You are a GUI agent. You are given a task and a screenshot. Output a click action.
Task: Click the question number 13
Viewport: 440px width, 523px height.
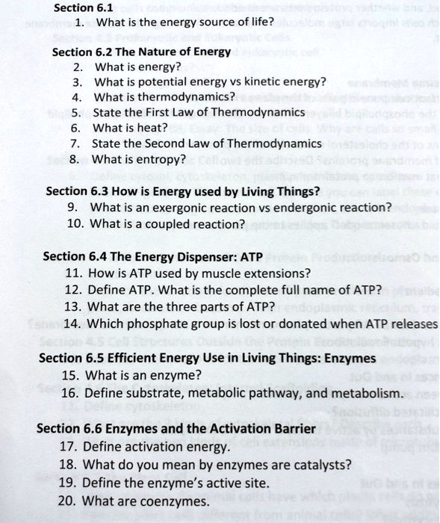click(x=73, y=306)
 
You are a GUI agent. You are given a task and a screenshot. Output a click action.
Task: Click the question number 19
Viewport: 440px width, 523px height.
click(x=68, y=483)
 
